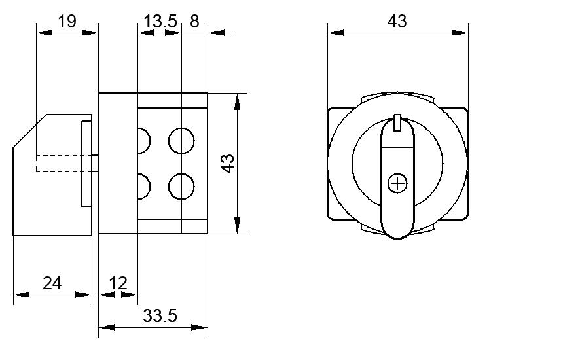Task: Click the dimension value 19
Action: pos(67,21)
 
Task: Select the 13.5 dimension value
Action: pos(160,22)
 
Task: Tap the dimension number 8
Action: pos(194,21)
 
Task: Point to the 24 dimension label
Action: pos(52,283)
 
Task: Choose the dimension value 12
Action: pos(118,283)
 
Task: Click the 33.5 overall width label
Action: pos(160,316)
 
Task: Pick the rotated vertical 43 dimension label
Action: pos(228,164)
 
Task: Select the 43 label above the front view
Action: pos(397,22)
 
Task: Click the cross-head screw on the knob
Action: pos(397,183)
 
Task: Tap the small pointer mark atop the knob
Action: pos(397,123)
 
